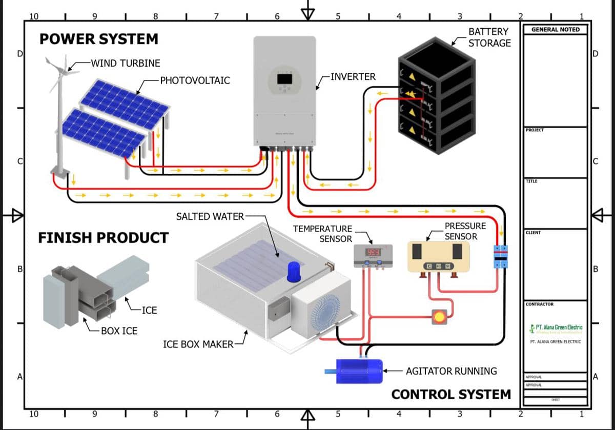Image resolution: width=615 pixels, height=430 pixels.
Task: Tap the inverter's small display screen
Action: click(284, 79)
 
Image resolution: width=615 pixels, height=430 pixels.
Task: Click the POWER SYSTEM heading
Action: click(99, 39)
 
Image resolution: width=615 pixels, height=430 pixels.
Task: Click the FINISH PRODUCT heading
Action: click(103, 238)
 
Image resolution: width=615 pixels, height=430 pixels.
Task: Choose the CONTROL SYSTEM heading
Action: click(451, 394)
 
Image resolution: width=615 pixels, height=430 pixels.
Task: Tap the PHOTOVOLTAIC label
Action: click(195, 80)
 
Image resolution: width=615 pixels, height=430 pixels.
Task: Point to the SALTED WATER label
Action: click(210, 216)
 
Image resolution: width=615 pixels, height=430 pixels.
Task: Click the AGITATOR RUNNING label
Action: click(451, 371)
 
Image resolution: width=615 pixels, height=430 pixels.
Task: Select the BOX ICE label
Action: click(119, 331)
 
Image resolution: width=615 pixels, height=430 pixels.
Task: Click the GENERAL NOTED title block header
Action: click(556, 30)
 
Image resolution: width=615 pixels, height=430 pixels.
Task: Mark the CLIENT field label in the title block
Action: click(533, 233)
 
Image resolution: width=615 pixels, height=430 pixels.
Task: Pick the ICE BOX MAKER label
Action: click(198, 344)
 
